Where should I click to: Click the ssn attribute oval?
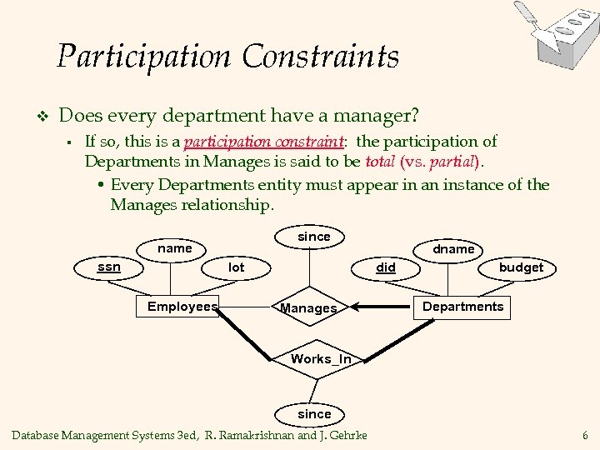[x=109, y=267]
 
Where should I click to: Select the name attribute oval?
[x=175, y=248]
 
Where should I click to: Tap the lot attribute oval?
[x=237, y=267]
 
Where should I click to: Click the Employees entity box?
[x=182, y=307]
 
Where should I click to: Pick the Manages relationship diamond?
[x=309, y=308]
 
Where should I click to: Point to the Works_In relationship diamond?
[x=321, y=359]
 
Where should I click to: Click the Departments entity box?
[x=462, y=307]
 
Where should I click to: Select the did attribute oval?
[x=386, y=267]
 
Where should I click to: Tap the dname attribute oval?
[x=453, y=248]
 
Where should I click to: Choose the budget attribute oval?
[x=521, y=267]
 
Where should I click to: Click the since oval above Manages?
[x=314, y=237]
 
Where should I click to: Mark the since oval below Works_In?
[x=314, y=413]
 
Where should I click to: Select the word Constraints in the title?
[x=321, y=57]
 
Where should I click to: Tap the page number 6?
[x=585, y=435]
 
